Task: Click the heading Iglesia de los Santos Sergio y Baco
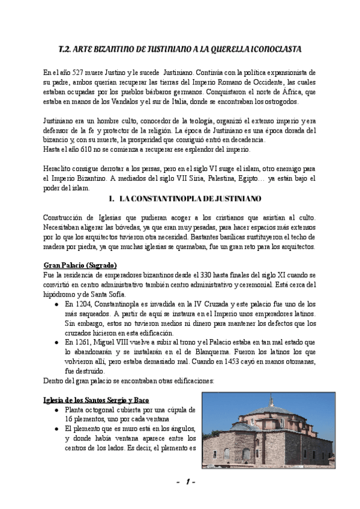96,400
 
